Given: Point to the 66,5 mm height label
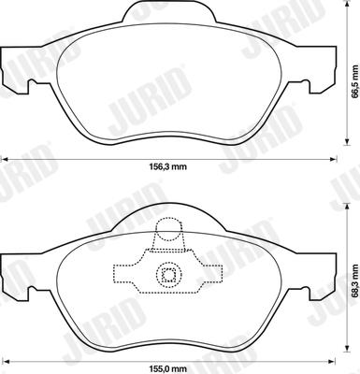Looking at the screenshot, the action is coord(354,81).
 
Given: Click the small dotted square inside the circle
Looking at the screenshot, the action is coord(167,275).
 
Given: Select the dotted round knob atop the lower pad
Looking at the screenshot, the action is coord(168,229).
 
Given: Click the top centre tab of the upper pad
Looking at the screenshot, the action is coord(168,12).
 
